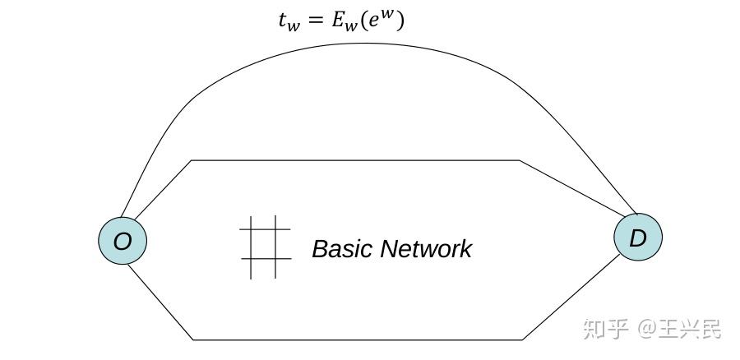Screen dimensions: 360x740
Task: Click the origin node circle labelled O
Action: [x=123, y=241]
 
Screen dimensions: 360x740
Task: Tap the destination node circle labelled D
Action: [x=637, y=238]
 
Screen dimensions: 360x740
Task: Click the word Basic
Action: [x=343, y=248]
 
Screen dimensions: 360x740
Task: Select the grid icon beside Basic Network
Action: [x=265, y=247]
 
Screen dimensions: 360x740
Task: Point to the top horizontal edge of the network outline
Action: [x=354, y=160]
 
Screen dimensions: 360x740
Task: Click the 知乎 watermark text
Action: [x=605, y=329]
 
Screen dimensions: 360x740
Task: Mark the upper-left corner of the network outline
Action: [x=192, y=160]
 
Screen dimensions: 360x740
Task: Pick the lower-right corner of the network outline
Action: [x=523, y=339]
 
